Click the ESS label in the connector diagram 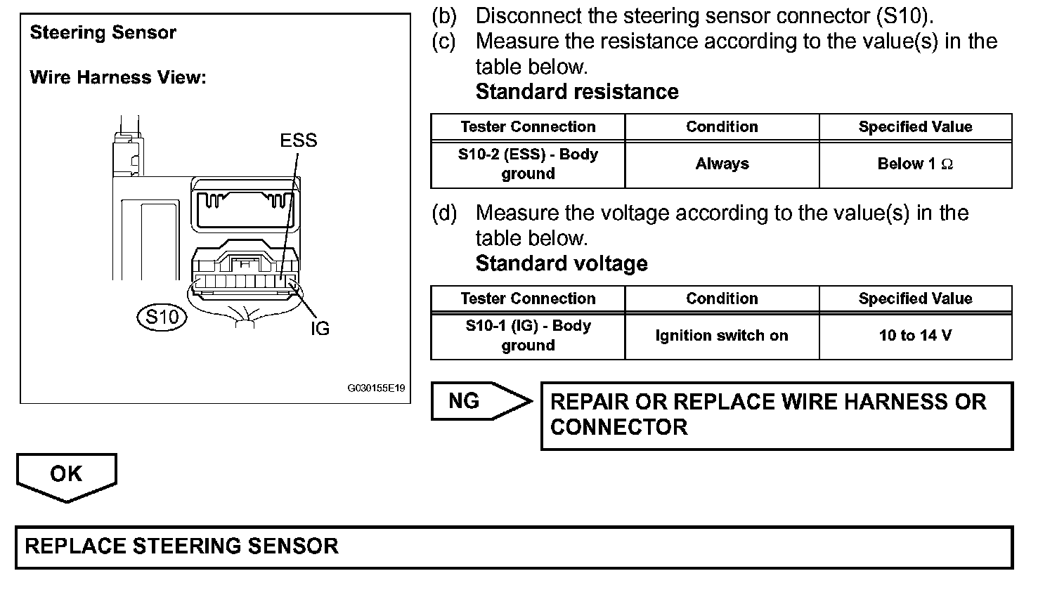(298, 140)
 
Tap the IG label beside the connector (320, 329)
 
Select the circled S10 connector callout (162, 317)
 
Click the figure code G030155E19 (376, 388)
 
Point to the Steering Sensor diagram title (103, 32)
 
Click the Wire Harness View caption (118, 77)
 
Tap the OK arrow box (66, 475)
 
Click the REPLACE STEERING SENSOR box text (181, 546)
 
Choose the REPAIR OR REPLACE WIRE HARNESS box (776, 414)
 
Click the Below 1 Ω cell (915, 164)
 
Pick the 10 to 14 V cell (915, 336)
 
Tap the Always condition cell (722, 164)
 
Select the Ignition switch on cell (722, 336)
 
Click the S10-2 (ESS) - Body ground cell (528, 164)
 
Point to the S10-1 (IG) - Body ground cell (528, 336)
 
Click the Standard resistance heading (577, 92)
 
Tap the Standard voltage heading (562, 264)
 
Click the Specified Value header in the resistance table (915, 127)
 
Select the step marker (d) (444, 213)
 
